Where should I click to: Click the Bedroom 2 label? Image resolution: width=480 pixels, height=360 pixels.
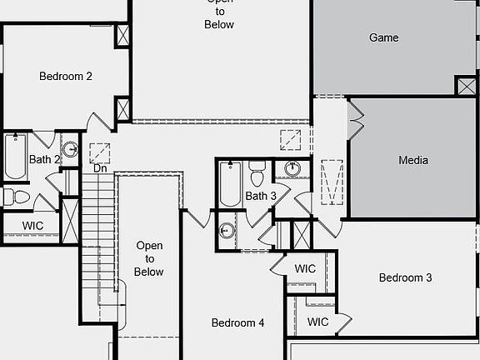(x=66, y=76)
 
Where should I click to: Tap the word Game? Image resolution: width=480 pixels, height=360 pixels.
(x=384, y=37)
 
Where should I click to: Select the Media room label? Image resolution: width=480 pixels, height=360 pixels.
(x=413, y=160)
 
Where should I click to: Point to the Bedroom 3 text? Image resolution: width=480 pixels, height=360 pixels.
(x=405, y=277)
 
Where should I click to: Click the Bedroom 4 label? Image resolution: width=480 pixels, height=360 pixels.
(x=237, y=322)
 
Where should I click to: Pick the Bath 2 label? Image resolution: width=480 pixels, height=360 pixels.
(x=44, y=159)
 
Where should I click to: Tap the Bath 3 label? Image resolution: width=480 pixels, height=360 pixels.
(x=261, y=196)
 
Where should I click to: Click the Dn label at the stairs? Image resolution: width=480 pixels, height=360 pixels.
(x=100, y=168)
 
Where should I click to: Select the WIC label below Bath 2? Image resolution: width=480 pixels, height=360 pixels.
(x=32, y=226)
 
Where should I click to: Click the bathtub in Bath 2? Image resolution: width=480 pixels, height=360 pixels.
(x=15, y=156)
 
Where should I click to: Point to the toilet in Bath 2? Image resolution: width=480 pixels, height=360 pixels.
(x=17, y=197)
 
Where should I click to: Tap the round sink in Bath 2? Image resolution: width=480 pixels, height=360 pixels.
(x=70, y=149)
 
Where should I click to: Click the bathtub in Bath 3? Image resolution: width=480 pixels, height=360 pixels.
(x=231, y=184)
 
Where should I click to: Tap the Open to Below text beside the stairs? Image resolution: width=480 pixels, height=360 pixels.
(x=149, y=258)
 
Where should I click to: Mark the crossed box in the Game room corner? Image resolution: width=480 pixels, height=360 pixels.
(x=467, y=86)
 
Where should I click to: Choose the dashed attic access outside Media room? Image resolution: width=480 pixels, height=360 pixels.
(x=332, y=182)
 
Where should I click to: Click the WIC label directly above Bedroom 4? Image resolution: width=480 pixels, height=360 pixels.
(x=305, y=269)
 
